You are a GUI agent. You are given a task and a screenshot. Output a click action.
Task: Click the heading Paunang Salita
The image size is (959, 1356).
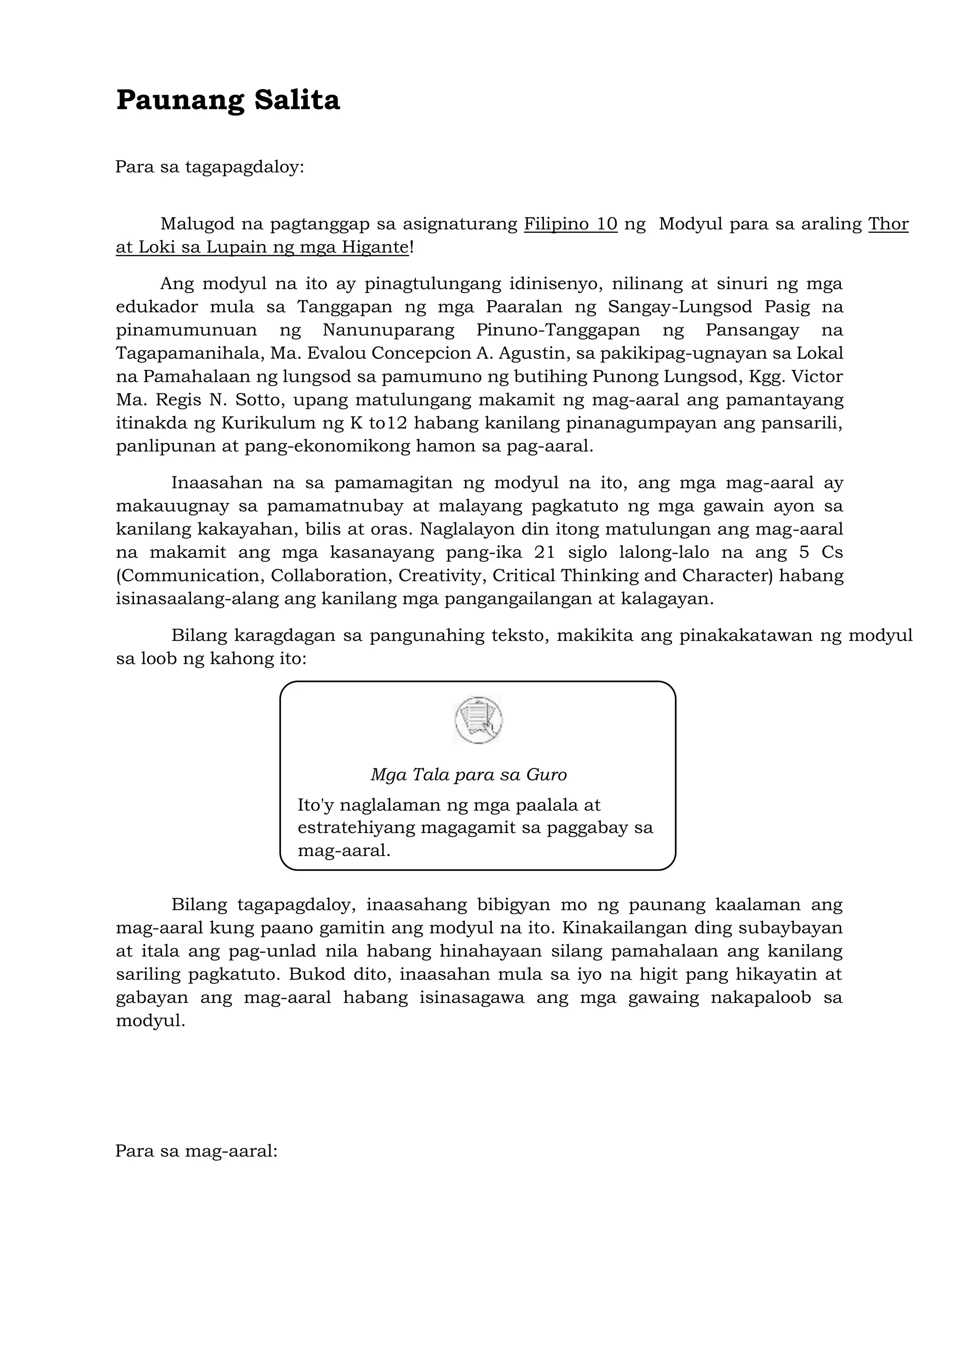click(x=228, y=100)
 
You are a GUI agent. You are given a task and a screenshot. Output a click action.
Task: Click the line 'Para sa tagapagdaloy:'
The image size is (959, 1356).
click(x=210, y=167)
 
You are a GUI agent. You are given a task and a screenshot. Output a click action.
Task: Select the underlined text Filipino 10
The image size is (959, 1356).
click(x=570, y=224)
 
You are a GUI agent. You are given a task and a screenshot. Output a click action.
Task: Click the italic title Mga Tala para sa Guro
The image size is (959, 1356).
click(x=468, y=775)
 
